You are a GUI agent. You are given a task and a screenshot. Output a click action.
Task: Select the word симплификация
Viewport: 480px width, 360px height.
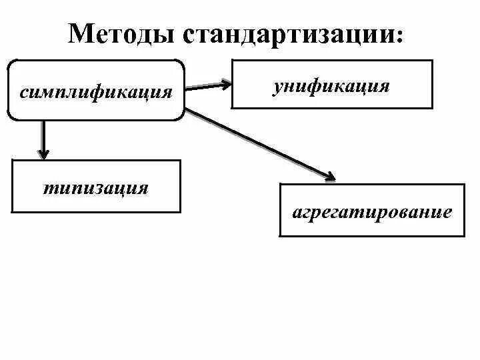pos(95,90)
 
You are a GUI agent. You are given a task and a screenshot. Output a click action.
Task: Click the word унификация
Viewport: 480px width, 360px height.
pos(331,86)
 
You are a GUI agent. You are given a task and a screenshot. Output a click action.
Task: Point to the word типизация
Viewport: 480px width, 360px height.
pos(96,188)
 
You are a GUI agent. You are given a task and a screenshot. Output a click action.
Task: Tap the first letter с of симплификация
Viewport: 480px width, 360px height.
pos(23,91)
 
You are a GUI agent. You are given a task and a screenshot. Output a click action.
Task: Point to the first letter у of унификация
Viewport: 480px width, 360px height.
pos(277,87)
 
